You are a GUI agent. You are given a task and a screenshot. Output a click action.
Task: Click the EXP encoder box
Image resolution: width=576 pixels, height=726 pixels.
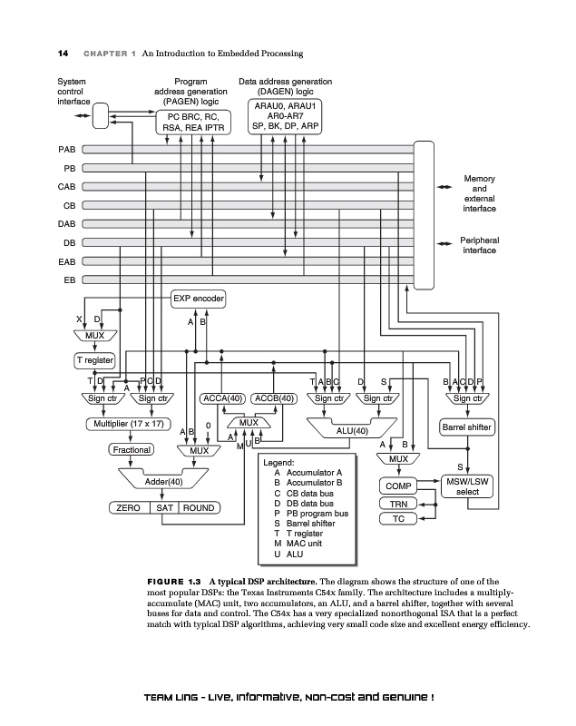pos(198,299)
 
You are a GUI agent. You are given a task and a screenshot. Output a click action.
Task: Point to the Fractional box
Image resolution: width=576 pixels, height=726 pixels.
pos(131,449)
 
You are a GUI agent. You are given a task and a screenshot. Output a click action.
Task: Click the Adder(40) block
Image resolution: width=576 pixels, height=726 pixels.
pos(163,481)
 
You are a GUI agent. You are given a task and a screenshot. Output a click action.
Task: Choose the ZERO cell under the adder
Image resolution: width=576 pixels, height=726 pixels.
pos(129,508)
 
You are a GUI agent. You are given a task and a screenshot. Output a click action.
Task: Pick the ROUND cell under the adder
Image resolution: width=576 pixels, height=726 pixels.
pos(199,508)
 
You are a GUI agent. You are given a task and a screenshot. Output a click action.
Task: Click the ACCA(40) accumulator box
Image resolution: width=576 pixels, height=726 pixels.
pos(223,397)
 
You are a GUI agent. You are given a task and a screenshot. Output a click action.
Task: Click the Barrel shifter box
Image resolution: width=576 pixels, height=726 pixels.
pos(466,426)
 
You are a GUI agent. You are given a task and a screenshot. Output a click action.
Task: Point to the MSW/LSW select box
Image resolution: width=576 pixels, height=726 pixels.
pos(467,486)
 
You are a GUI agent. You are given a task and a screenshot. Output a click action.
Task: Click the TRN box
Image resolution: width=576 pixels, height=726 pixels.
pos(397,504)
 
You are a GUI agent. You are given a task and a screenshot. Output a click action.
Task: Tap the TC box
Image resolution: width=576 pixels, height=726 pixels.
pos(397,519)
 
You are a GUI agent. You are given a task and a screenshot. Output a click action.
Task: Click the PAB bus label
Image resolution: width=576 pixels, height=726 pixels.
pos(66,149)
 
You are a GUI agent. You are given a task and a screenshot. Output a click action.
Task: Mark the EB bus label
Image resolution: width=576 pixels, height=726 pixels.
pos(69,280)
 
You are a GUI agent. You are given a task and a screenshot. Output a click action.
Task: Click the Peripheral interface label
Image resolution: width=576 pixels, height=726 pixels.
pos(480,245)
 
